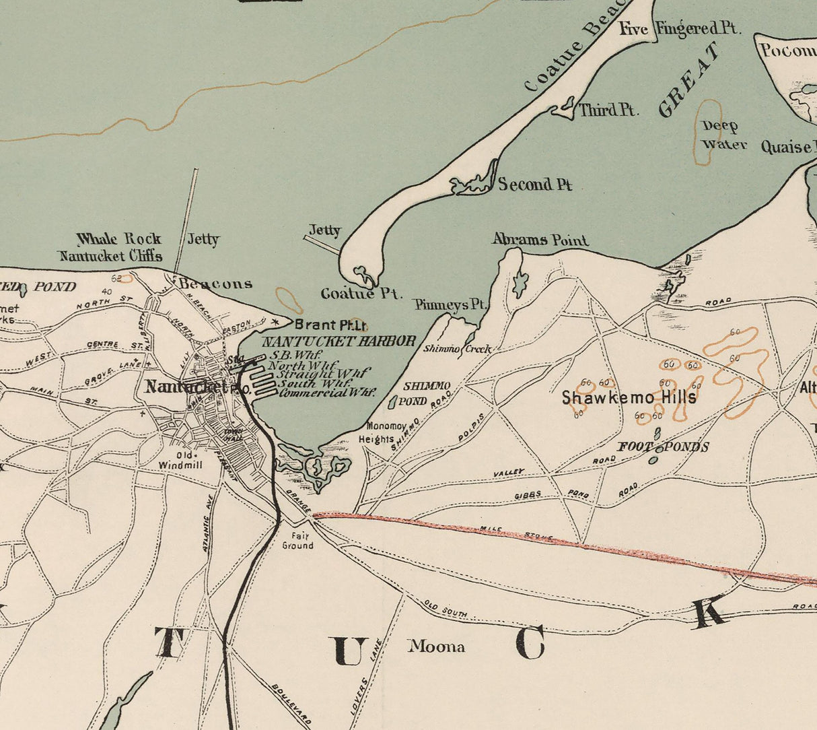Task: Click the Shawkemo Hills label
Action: [629, 397]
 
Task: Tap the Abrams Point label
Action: [540, 240]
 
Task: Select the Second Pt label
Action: [534, 185]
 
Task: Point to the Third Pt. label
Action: [608, 110]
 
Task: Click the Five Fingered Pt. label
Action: [679, 29]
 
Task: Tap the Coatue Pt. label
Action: [361, 294]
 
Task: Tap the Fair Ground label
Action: [297, 541]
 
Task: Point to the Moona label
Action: [436, 647]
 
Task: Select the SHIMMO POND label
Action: [424, 393]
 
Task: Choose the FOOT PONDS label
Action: [663, 447]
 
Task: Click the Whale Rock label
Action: [119, 239]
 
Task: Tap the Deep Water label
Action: [723, 135]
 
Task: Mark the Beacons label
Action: [215, 284]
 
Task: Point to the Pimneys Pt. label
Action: [450, 305]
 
